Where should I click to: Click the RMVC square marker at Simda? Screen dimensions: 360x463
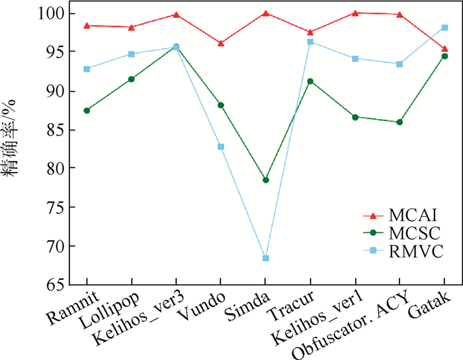point(266,258)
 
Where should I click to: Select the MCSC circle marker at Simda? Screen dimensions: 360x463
point(266,180)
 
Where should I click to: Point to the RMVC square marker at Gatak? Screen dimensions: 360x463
point(444,28)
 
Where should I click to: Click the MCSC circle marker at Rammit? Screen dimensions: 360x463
point(87,111)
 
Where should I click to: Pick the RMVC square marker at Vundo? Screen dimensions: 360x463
point(221,146)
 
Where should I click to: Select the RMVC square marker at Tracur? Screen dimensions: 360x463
point(310,42)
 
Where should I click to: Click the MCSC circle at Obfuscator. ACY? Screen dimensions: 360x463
point(400,122)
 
